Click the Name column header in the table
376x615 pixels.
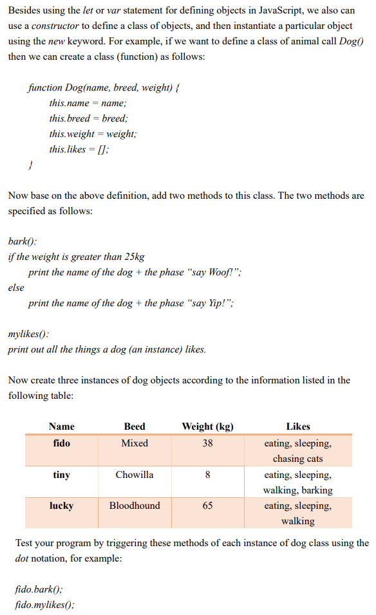pos(62,427)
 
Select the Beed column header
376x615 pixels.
pos(135,427)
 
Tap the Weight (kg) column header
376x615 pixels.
pos(207,427)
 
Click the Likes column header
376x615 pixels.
pos(297,427)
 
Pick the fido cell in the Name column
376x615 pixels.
pos(62,443)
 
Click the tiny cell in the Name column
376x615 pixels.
pos(62,475)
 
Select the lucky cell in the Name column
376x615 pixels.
pos(62,506)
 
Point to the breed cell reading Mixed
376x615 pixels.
pos(135,443)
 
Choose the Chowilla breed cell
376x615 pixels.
pos(135,475)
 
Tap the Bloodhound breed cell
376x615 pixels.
pos(135,506)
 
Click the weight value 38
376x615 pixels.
pos(207,443)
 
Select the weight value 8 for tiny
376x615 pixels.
pos(207,475)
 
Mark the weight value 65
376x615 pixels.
pos(207,506)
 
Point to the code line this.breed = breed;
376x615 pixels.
pos(88,118)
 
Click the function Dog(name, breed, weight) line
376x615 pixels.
pos(103,87)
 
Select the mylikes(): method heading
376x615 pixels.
pos(28,335)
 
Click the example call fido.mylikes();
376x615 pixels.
pos(44,605)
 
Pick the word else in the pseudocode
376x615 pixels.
pos(16,288)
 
